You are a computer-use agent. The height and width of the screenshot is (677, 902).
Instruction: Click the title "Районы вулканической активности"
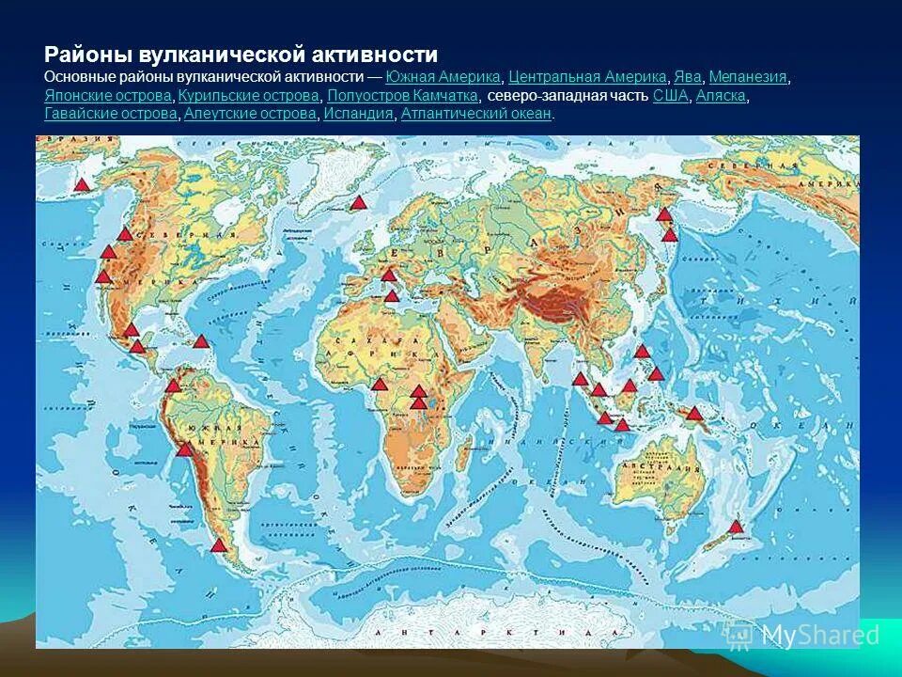(241, 55)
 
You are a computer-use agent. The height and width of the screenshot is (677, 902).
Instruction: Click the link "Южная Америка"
(443, 77)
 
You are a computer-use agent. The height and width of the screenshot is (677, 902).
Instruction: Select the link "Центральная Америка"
(587, 77)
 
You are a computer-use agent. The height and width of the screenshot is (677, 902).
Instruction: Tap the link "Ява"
(688, 77)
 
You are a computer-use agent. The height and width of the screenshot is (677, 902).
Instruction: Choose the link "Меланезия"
(748, 77)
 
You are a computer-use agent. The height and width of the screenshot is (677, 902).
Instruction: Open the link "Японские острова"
(108, 96)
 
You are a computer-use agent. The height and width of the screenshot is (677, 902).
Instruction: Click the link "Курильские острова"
(249, 96)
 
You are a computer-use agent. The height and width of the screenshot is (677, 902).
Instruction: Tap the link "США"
(671, 96)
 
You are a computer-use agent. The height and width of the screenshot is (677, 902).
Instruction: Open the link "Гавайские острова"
(111, 114)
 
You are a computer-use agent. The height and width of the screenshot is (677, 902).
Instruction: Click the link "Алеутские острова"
(250, 114)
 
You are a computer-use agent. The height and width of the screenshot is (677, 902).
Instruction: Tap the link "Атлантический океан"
(476, 114)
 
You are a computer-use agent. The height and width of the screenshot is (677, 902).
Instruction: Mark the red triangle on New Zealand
(737, 527)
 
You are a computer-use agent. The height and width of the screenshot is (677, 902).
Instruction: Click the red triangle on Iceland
(357, 202)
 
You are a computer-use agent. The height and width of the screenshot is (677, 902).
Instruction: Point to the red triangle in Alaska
(82, 185)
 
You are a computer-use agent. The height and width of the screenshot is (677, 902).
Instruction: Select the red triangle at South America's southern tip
(219, 545)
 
